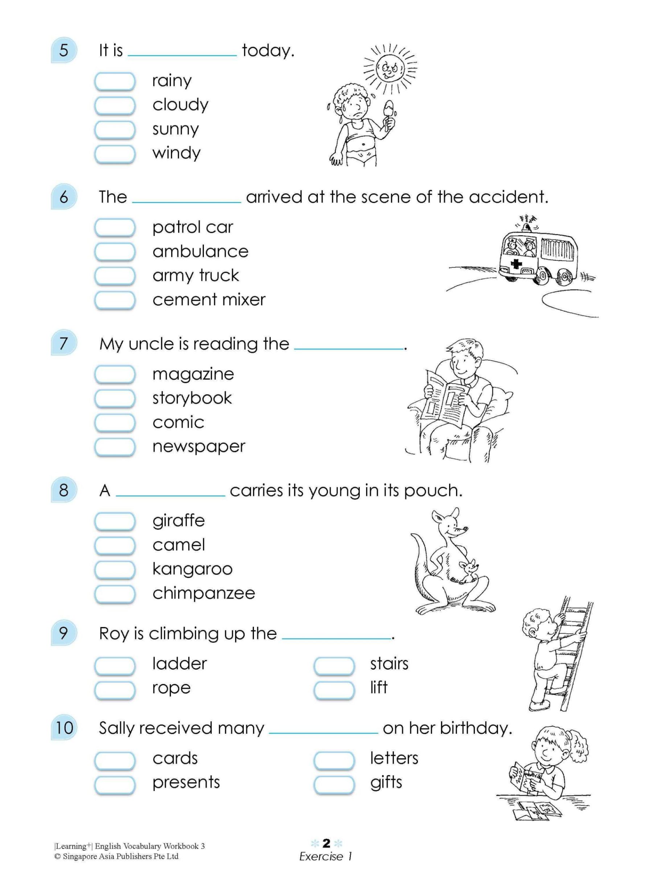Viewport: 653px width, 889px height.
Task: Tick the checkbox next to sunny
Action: [x=115, y=129]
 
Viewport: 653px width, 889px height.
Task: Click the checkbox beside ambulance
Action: [x=115, y=251]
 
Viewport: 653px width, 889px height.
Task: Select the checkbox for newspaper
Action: [x=115, y=447]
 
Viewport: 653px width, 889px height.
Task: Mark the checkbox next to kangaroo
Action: [x=115, y=569]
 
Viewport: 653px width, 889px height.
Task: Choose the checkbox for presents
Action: [x=115, y=784]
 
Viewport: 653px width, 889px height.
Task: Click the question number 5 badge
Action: [x=63, y=50]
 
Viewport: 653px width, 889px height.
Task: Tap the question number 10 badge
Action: [x=63, y=728]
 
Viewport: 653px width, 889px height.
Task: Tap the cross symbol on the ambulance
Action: [x=516, y=263]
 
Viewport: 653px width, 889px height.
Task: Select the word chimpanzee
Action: [x=204, y=593]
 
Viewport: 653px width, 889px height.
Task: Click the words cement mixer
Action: [x=209, y=300]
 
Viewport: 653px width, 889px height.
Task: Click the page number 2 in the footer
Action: [x=326, y=844]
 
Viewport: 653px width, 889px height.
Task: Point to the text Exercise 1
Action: [x=325, y=857]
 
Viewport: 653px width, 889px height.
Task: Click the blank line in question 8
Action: [x=171, y=495]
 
